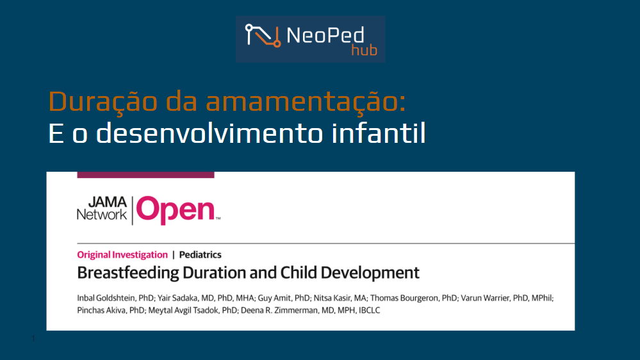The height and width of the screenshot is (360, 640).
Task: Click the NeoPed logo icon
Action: [263, 36]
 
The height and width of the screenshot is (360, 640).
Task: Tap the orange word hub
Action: [364, 50]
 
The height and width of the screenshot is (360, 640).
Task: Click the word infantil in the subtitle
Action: [379, 133]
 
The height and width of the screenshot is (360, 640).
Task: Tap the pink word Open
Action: [176, 210]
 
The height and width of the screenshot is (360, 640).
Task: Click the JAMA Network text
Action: [102, 209]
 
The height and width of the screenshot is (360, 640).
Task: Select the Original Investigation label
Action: [122, 255]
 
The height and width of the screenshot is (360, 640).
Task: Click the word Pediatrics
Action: [201, 255]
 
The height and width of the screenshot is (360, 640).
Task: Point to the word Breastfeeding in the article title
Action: [128, 273]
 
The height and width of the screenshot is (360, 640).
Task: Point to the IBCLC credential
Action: [370, 310]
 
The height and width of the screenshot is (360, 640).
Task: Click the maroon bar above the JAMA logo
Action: [145, 175]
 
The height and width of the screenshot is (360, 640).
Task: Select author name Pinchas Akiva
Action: [101, 310]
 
